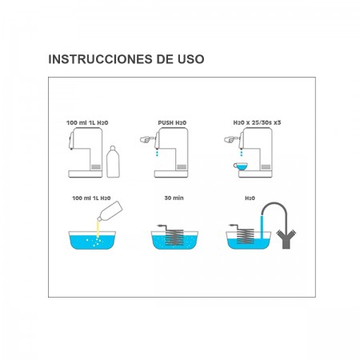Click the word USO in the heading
point(191,59)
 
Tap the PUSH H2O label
point(172,123)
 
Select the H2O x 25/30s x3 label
point(257,122)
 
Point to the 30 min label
point(174,198)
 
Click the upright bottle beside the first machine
point(113,162)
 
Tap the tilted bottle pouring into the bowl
point(110,211)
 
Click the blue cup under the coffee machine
point(241,166)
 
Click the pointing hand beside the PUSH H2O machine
point(147,139)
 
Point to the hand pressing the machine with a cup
point(231,139)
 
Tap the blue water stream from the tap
point(262,226)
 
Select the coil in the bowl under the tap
point(244,235)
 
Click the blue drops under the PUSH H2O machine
point(158,153)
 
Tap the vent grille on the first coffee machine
point(96,167)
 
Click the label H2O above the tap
point(250,198)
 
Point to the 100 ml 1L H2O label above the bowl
point(91,198)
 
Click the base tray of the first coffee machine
point(86,174)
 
